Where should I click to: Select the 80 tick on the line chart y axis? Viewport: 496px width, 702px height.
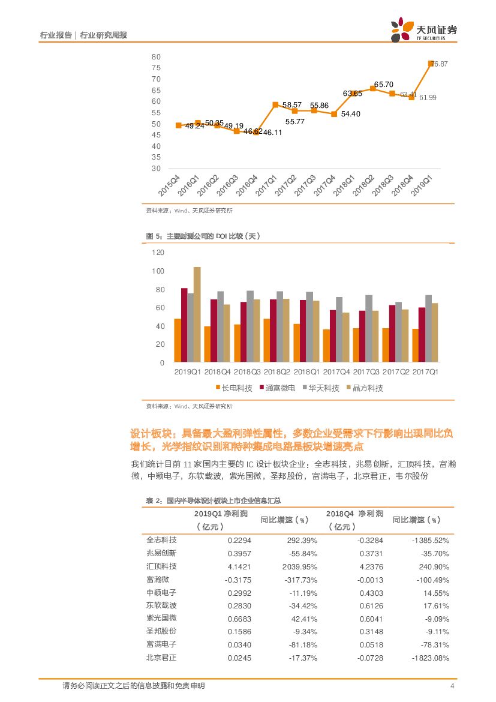156,56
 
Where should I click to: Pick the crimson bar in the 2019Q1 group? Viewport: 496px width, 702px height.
184,326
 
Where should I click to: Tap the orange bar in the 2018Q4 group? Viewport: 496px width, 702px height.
207,344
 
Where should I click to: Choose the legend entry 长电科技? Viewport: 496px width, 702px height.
234,388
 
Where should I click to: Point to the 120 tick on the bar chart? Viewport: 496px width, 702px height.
158,253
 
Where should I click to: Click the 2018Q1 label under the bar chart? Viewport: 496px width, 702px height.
306,373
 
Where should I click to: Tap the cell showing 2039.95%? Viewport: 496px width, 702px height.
300,566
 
